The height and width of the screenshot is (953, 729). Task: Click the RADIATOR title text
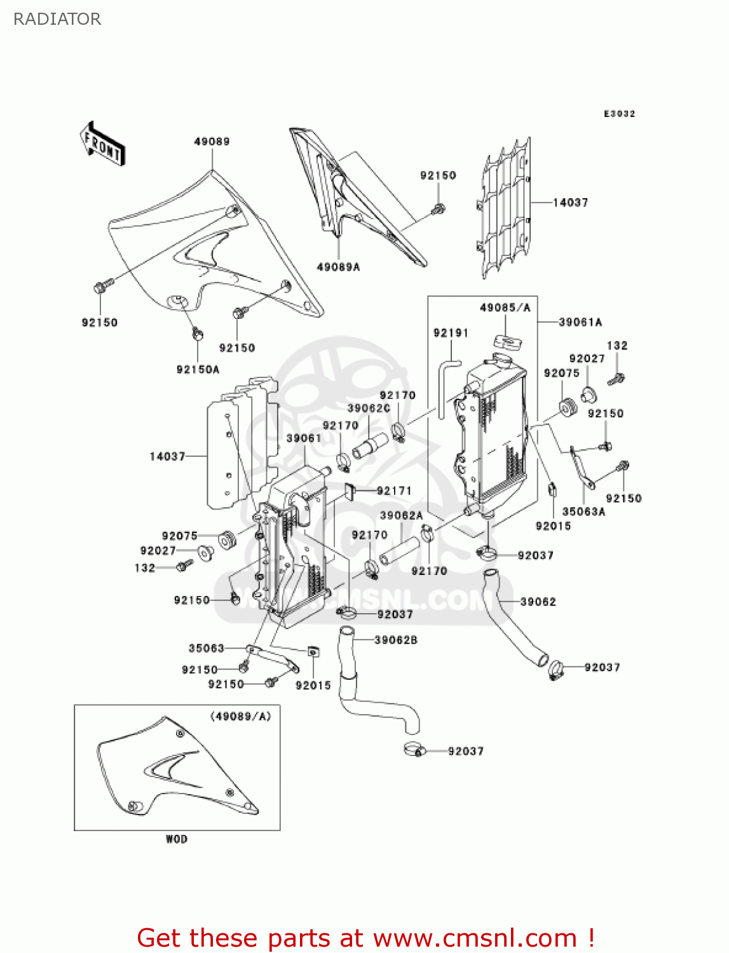coord(57,19)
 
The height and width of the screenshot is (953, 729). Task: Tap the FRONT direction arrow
coord(102,144)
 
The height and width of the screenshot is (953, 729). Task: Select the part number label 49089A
coord(338,267)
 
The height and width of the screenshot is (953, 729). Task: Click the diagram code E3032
coord(619,114)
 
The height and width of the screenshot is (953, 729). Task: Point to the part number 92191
coord(451,333)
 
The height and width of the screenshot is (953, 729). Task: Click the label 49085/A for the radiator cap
coord(505,308)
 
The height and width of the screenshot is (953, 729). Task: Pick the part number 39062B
coord(396,640)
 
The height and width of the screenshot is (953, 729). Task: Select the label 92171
coord(394,490)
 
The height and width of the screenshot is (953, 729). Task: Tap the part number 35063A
coord(583,511)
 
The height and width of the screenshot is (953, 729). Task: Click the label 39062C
coord(369,409)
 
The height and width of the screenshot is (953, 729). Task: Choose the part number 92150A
coord(198,370)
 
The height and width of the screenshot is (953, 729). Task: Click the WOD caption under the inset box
coord(177,839)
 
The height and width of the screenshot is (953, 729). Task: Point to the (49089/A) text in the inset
coord(240,717)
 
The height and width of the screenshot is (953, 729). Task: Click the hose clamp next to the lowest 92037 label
coord(414,750)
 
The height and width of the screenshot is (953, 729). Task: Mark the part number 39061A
coord(580,323)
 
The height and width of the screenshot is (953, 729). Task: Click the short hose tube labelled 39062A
coord(400,551)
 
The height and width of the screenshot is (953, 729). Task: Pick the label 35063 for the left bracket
coord(207,648)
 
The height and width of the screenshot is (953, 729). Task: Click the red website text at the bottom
coord(365,938)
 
